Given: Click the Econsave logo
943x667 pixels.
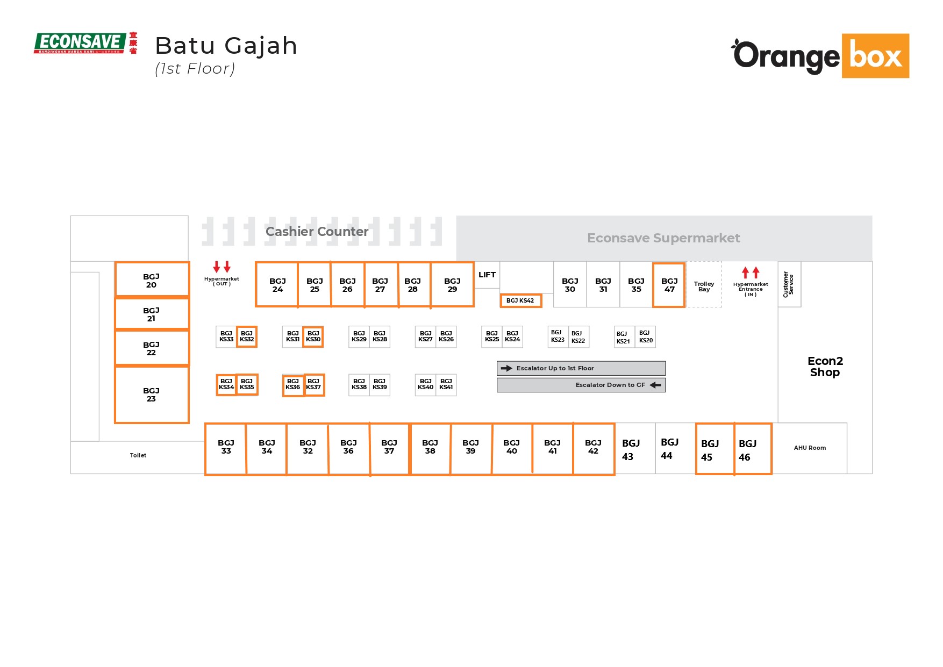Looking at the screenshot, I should pos(85,43).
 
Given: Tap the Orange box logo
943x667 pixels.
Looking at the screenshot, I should pos(820,56).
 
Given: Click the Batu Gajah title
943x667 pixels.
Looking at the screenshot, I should pos(226,46).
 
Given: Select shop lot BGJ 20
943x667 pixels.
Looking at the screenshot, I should pos(152,280).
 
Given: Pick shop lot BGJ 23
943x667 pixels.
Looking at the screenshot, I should pos(152,395).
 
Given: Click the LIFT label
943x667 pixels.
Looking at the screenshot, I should pos(487,275).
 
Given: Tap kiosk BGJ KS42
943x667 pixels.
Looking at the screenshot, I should pos(520,300).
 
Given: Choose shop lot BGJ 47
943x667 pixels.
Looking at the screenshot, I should pos(669,285).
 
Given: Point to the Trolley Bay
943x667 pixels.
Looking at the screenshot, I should pos(704,286).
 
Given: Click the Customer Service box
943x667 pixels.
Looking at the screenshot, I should pos(789,284).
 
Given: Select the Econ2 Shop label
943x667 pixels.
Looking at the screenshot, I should pos(825,367).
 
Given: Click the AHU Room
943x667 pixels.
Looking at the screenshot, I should pos(810,448).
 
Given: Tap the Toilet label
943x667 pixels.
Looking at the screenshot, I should pos(138,455).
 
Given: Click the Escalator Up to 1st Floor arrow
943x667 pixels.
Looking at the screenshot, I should pos(506,368).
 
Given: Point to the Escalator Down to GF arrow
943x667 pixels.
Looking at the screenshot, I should pos(655,385).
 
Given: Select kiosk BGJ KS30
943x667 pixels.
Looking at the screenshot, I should pos(313,336).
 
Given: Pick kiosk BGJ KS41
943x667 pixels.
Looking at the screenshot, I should pos(446,384).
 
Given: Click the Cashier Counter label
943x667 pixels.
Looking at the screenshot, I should pos(317,232).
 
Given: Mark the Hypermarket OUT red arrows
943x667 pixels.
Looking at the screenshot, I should pos(222,267).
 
